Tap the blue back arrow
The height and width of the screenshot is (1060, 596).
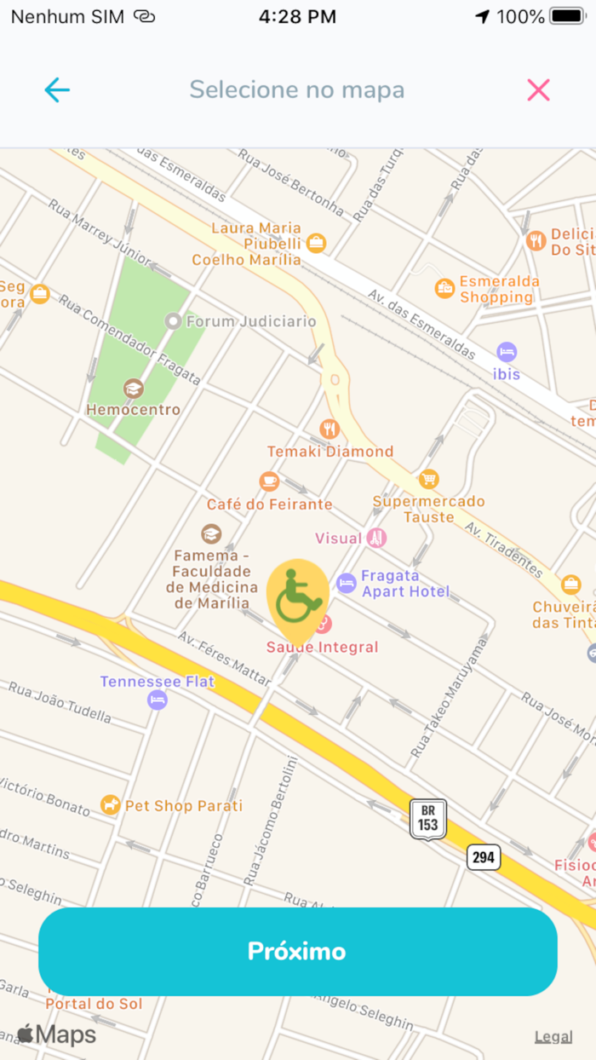tap(57, 89)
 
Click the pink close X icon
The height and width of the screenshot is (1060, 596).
tap(538, 89)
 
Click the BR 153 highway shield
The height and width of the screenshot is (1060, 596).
tap(427, 819)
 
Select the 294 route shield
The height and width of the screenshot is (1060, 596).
tap(484, 857)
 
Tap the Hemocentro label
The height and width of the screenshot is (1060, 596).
tap(133, 410)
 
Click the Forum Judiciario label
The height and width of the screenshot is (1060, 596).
tap(250, 321)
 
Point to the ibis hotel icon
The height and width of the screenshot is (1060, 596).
tap(507, 351)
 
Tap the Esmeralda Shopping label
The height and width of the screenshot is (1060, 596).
tap(499, 290)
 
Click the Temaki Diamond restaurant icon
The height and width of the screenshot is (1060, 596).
tap(330, 429)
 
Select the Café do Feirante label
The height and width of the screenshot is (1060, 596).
tap(269, 504)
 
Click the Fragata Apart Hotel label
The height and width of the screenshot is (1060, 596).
tap(404, 583)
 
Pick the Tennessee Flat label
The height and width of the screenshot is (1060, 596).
tap(158, 682)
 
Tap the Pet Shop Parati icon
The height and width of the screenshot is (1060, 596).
tap(110, 804)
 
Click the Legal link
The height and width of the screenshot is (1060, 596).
tap(553, 1036)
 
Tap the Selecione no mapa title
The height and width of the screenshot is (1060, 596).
tap(296, 89)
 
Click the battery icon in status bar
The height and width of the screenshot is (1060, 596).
tap(567, 16)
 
